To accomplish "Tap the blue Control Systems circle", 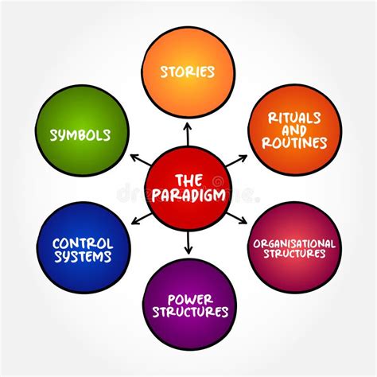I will click(x=84, y=248).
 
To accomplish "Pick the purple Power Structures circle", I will click(x=188, y=305).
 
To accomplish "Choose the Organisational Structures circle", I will click(x=294, y=248).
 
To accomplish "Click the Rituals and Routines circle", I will click(x=294, y=129).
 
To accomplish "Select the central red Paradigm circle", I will click(x=188, y=188).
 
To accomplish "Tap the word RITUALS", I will click(x=294, y=115).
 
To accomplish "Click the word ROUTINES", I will click(x=294, y=143).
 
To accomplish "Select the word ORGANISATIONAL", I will click(x=294, y=243).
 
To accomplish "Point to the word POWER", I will click(x=188, y=298).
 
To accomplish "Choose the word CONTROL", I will click(x=84, y=242).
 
